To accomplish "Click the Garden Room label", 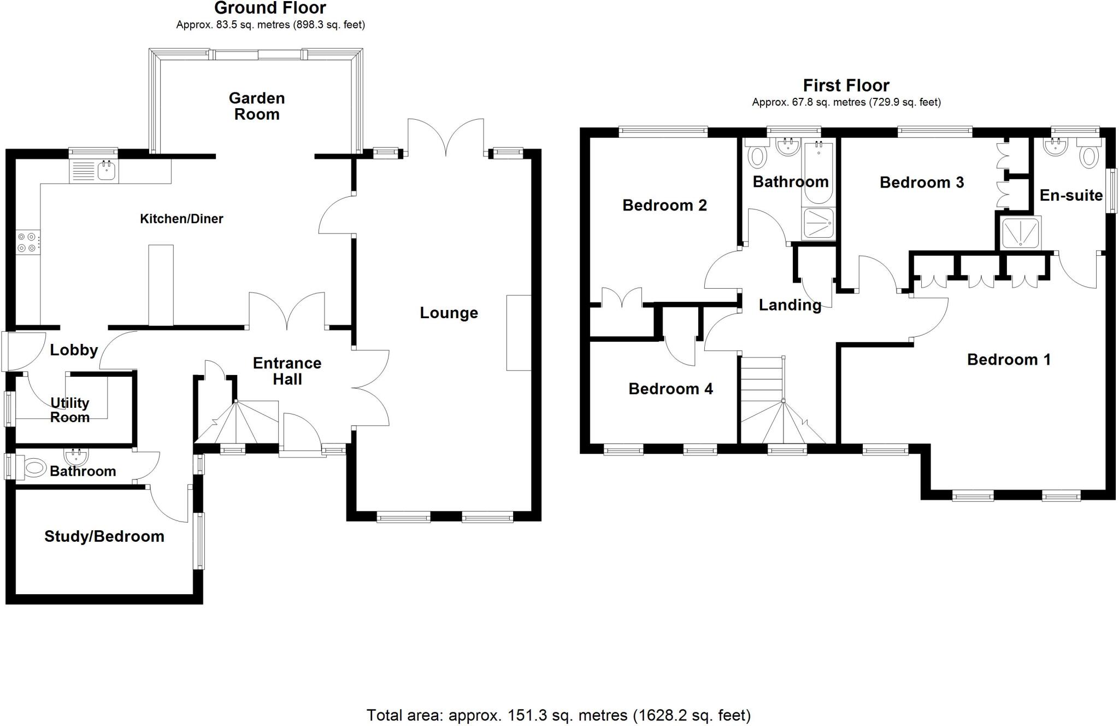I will pos(257,106).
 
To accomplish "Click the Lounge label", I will pos(449,313).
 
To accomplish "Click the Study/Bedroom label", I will pos(104,536).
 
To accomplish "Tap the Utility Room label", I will pos(70,410).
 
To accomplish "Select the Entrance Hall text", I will pos(287,371).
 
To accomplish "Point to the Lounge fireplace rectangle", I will pos(519,333).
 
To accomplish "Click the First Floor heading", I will pos(846,86).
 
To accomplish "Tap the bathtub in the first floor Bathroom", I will pos(818,172).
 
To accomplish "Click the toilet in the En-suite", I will pos(1089,156).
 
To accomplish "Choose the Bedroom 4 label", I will pos(670,389).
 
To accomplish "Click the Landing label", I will pos(790,305).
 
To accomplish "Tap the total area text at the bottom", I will pos(558,715).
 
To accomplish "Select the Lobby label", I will pos(74,350).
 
